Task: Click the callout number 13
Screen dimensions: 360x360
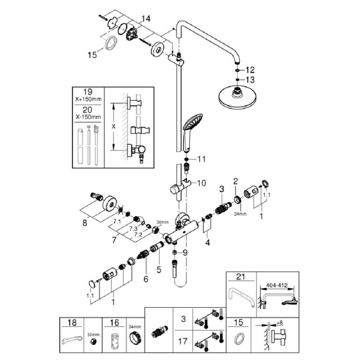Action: (x=250, y=80)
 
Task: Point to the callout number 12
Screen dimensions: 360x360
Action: (x=250, y=70)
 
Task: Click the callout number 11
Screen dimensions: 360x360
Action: (x=201, y=159)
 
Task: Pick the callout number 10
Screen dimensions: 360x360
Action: (x=201, y=183)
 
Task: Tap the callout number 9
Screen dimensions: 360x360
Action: (x=185, y=253)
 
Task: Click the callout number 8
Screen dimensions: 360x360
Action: (x=85, y=223)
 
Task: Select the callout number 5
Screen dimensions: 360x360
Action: (x=159, y=269)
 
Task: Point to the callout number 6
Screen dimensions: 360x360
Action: (x=146, y=279)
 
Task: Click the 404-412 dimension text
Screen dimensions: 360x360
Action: (x=276, y=285)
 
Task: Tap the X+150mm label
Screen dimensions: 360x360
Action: (x=88, y=99)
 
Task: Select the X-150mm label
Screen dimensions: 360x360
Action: (x=88, y=117)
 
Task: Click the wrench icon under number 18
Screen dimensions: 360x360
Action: (x=71, y=341)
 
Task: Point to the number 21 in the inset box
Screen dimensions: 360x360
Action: (x=240, y=276)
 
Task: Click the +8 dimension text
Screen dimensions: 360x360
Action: (x=280, y=323)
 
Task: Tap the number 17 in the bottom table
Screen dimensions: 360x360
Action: (x=183, y=341)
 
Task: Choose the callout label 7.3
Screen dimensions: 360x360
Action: (x=133, y=229)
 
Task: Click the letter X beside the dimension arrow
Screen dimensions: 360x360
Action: (x=113, y=126)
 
